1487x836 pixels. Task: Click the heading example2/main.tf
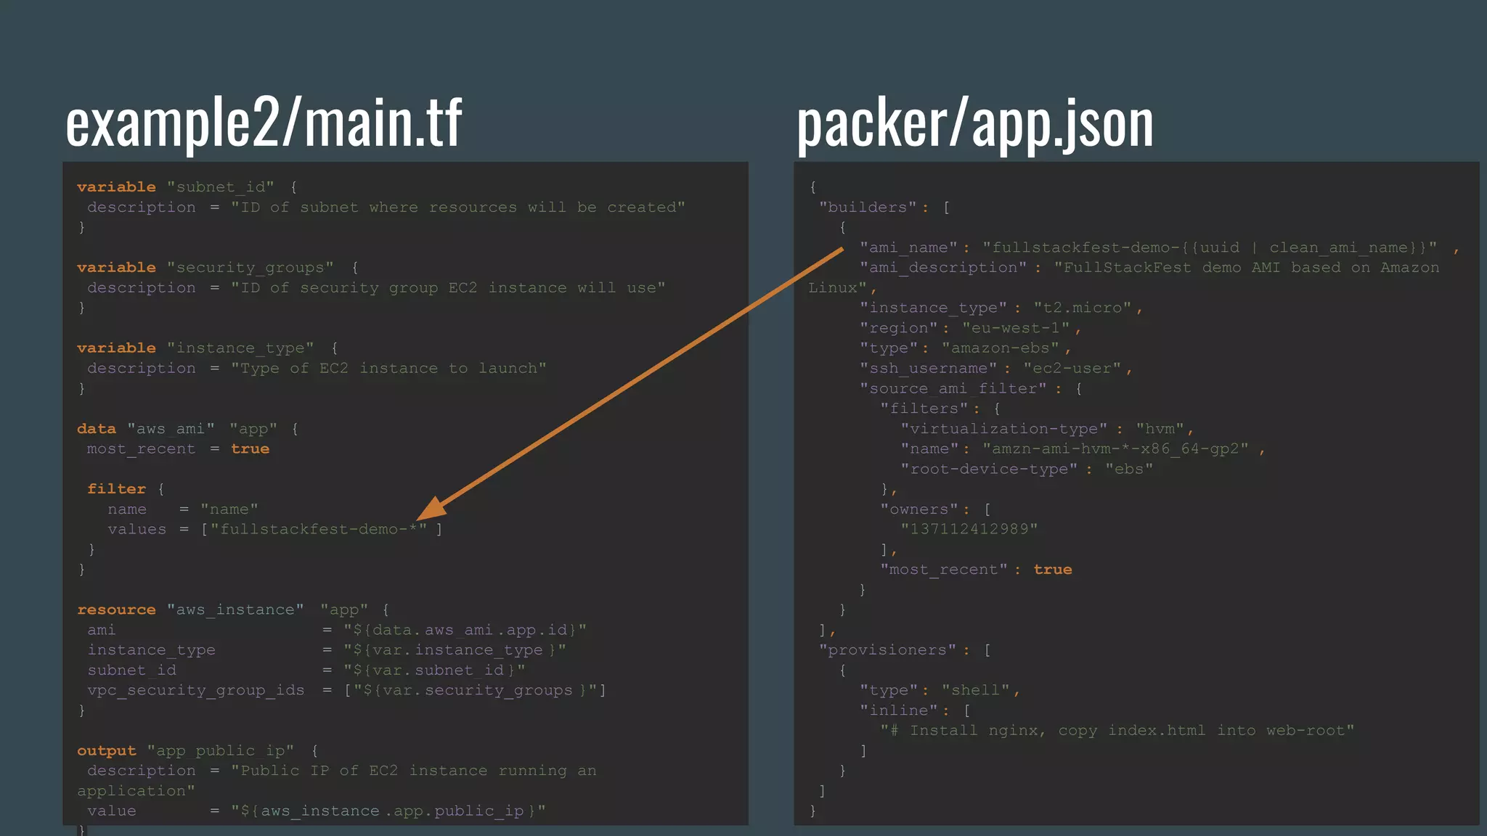click(264, 123)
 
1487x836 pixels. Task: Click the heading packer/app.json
click(975, 123)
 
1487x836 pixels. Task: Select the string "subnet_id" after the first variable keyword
click(221, 187)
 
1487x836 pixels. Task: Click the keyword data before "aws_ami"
click(97, 429)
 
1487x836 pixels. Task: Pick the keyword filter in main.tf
click(116, 489)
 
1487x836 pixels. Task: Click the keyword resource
click(116, 610)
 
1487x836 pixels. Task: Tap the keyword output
click(107, 751)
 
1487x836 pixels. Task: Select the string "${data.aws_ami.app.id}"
click(465, 630)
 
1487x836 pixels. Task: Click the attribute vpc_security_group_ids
click(196, 690)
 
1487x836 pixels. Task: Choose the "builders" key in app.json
click(868, 208)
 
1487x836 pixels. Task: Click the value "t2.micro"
click(1083, 308)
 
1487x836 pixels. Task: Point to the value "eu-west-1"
click(1016, 329)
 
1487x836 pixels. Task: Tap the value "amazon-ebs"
click(1001, 348)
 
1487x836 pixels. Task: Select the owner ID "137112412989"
click(969, 529)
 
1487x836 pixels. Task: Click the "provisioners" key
click(887, 650)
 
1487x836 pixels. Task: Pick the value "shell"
click(976, 690)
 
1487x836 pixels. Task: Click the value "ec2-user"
click(1072, 369)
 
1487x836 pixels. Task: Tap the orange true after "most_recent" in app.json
click(1053, 570)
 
